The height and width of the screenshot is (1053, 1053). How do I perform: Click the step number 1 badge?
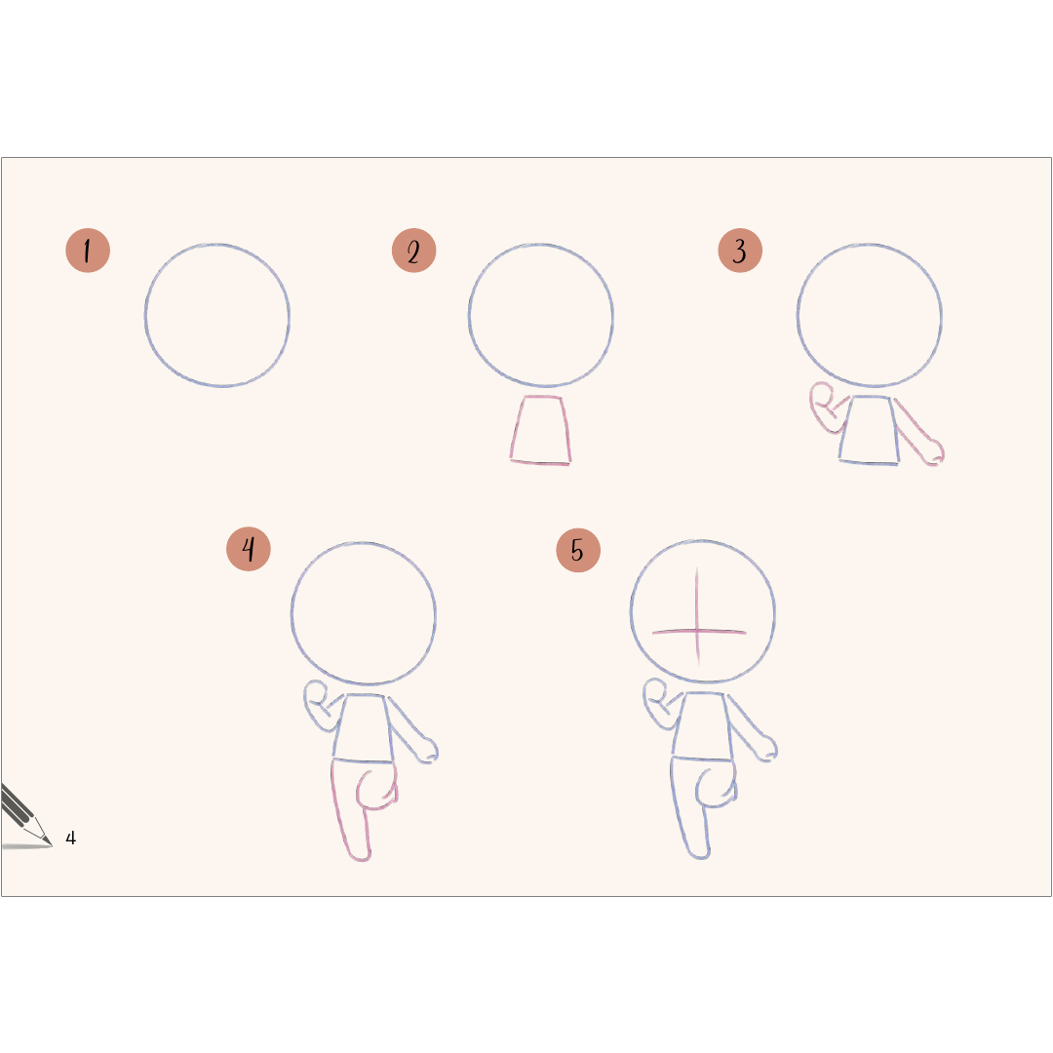tap(88, 251)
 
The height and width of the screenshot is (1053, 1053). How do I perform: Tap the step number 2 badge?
tap(413, 251)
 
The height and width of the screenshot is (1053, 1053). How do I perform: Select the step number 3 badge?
tap(740, 251)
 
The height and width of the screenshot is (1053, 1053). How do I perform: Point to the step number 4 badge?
tap(249, 549)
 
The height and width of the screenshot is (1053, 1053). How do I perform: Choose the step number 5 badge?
tap(578, 550)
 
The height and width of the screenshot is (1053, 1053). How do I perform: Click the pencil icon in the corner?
tap(24, 817)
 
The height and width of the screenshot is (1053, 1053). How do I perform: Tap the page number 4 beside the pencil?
tap(70, 838)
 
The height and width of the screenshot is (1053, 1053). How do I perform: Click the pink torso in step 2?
tap(540, 430)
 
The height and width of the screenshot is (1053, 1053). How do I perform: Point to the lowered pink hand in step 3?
tap(933, 452)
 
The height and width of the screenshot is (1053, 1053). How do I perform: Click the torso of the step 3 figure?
tap(869, 430)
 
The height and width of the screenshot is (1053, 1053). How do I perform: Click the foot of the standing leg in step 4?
tap(360, 854)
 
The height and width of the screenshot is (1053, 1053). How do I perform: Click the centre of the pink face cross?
tap(697, 631)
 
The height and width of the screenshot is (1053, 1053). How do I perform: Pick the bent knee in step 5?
tap(716, 787)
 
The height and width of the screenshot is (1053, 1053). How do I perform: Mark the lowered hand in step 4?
tap(427, 750)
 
